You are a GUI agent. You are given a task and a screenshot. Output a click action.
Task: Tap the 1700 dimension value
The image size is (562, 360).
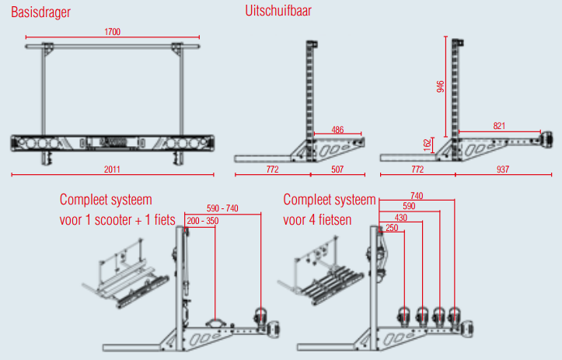click(112, 32)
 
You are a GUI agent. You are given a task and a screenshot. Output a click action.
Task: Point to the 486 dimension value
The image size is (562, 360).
click(337, 129)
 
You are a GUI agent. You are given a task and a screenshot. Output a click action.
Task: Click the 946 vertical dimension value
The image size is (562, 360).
click(441, 87)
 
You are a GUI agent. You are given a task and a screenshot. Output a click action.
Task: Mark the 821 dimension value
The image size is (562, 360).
click(501, 124)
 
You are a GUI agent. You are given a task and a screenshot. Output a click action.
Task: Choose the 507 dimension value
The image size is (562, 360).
click(337, 168)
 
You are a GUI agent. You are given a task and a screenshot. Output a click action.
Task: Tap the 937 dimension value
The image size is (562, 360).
click(503, 168)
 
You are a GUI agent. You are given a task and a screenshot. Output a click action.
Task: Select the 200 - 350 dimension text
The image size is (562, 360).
click(203, 222)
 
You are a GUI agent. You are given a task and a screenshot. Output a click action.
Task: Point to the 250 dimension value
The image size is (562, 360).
click(391, 229)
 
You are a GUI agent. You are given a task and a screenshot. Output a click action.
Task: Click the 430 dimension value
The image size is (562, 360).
click(400, 218)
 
